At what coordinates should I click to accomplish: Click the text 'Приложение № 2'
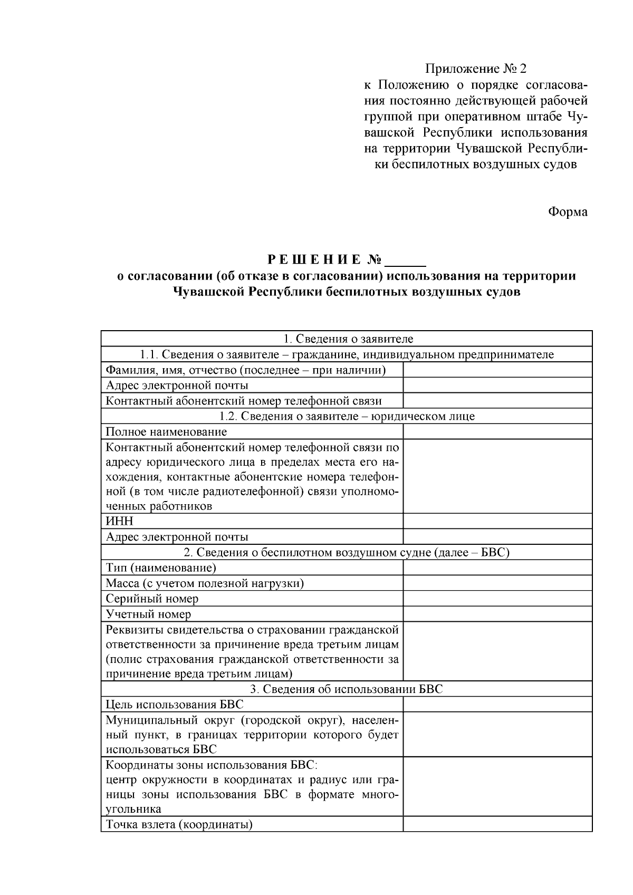coord(476,69)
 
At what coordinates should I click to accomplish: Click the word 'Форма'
coord(568,211)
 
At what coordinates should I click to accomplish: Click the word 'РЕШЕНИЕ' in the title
coord(315,259)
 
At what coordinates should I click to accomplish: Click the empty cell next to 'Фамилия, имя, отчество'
coord(497,370)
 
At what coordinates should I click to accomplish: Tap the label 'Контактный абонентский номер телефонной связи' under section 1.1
coord(244,401)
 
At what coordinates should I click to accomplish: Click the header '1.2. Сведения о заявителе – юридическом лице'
coord(347,416)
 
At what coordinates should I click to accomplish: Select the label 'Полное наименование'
coord(166,431)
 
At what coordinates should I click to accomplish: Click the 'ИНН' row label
coord(120,521)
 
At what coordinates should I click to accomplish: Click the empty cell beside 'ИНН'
coord(497,521)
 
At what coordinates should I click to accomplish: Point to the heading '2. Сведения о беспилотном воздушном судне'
coord(347,552)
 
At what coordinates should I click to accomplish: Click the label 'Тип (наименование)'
coord(161,567)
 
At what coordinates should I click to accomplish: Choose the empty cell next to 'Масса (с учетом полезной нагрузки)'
coord(497,583)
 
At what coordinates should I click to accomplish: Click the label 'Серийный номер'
coord(152,599)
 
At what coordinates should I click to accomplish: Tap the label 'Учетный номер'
coord(148,614)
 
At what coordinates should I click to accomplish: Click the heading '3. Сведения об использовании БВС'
coord(347,689)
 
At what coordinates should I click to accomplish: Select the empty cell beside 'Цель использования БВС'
coord(497,704)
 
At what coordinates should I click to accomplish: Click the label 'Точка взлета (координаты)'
coord(179,824)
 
